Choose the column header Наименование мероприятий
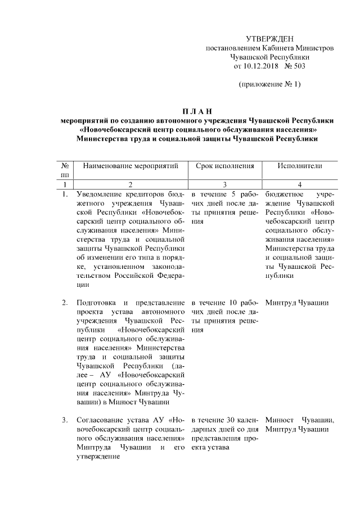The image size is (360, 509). [130, 166]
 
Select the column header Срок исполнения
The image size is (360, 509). [225, 166]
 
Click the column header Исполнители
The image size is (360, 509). [300, 166]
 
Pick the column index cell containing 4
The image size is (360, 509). [300, 184]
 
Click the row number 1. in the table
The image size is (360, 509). [65, 195]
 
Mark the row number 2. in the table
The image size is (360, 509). [65, 304]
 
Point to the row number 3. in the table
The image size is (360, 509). [65, 420]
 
